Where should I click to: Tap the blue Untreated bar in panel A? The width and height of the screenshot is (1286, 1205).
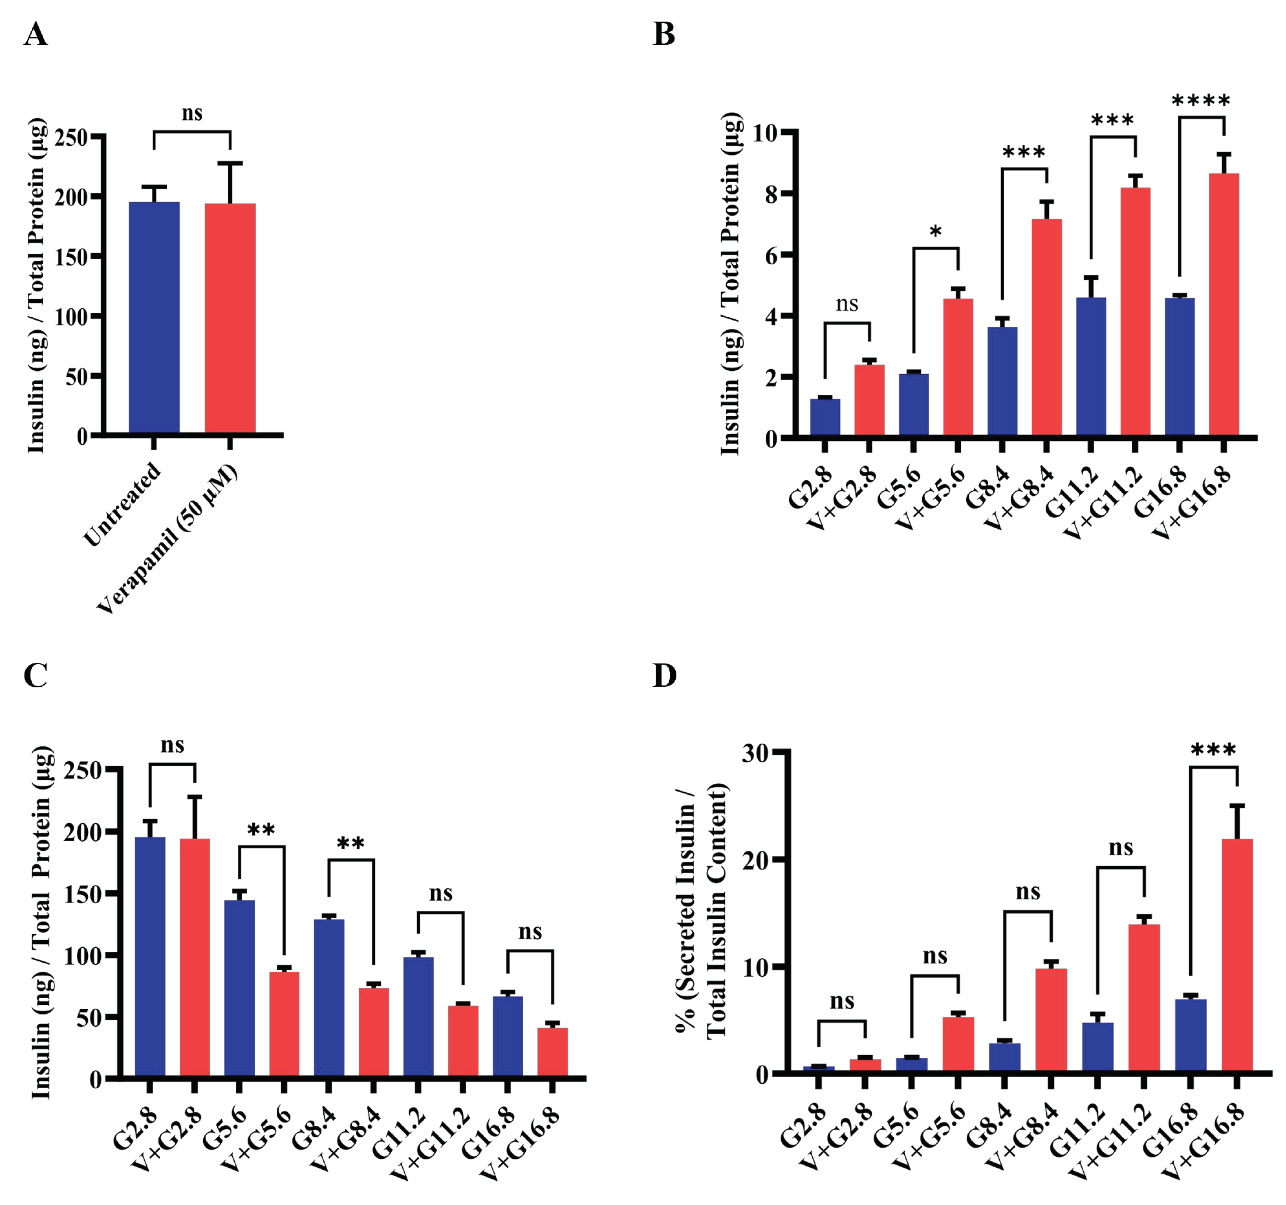[x=154, y=317]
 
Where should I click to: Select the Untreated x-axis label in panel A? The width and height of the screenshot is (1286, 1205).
[x=123, y=503]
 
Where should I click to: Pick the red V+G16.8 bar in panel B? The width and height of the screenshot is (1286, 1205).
[x=1223, y=304]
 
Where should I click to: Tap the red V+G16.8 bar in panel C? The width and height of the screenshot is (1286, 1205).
[x=552, y=1052]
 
